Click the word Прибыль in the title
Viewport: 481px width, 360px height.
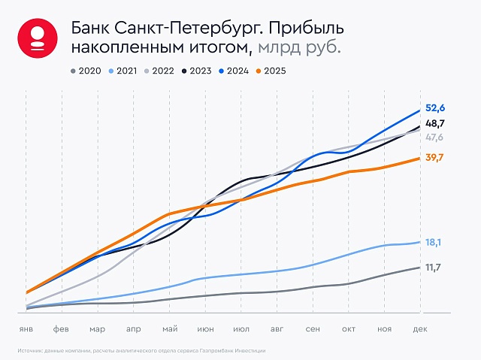tap(304, 28)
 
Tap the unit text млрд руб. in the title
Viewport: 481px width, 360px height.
tap(300, 47)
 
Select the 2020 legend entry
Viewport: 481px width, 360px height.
tap(84, 71)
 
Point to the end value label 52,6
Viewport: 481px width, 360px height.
tap(435, 109)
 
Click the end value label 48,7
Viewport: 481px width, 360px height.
tap(435, 123)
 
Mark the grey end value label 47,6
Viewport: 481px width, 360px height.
tap(435, 138)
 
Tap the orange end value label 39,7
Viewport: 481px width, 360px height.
tap(435, 157)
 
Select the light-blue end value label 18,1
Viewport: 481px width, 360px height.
tap(434, 242)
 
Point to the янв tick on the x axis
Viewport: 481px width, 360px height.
tap(26, 329)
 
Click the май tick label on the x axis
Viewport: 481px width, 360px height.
tap(169, 329)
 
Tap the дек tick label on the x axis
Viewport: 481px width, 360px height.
tap(420, 329)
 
